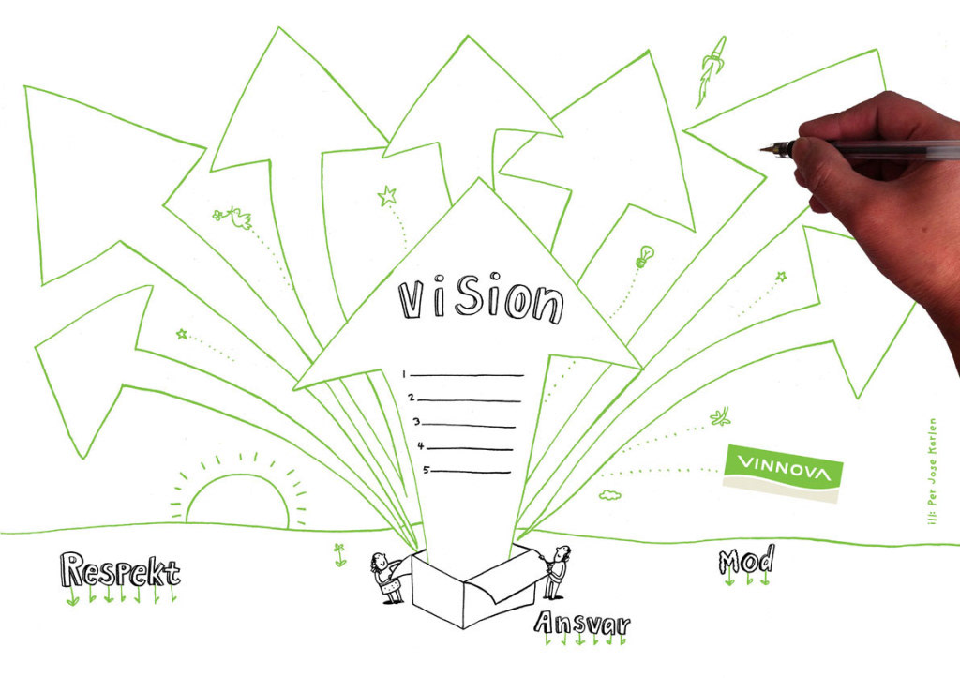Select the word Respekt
point(119,570)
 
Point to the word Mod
point(746,561)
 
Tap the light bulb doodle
point(644,255)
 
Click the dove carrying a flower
point(233,218)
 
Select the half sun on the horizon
point(238,497)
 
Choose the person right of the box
point(557,570)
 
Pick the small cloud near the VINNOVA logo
point(611,493)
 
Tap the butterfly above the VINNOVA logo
point(720,415)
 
